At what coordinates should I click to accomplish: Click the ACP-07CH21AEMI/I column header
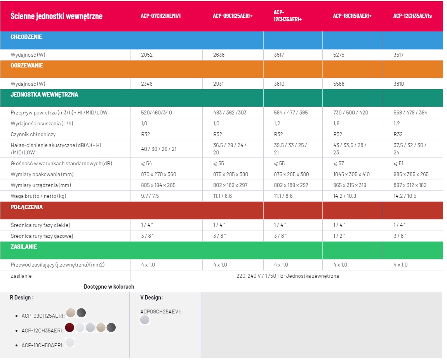[160, 16]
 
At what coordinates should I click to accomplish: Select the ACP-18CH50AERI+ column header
[352, 16]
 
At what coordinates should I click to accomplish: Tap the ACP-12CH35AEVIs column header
[412, 16]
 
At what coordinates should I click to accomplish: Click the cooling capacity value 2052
[147, 55]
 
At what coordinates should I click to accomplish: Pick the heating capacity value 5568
[339, 84]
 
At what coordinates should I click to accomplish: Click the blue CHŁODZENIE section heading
[26, 37]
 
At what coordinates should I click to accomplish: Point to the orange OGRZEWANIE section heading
[27, 66]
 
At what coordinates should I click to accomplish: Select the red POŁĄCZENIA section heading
[26, 207]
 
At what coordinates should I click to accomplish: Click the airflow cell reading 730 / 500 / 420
[351, 112]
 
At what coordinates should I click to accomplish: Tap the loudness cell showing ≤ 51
[398, 163]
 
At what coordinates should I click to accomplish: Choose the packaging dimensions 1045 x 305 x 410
[351, 174]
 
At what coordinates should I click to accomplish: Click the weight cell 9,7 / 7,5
[150, 196]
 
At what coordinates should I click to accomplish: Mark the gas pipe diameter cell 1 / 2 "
[339, 236]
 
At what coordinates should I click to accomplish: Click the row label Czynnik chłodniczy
[33, 135]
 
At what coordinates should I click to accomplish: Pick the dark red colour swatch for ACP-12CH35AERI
[70, 327]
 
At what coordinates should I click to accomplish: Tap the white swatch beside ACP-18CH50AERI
[70, 342]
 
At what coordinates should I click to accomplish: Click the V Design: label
[151, 298]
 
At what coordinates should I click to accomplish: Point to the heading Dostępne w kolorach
[109, 287]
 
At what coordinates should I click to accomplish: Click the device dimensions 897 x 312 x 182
[410, 185]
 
